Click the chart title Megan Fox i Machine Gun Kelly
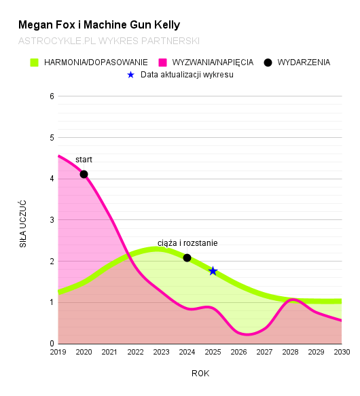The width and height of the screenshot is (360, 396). (x=99, y=25)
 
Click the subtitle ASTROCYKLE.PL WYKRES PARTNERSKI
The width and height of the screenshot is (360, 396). (x=109, y=41)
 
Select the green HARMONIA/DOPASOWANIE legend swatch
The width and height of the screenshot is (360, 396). (x=35, y=62)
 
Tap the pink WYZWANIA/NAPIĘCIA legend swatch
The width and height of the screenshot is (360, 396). (x=163, y=62)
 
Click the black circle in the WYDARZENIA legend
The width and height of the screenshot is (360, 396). (x=268, y=62)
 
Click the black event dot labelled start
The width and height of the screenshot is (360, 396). (x=84, y=175)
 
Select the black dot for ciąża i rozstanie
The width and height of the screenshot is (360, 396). (x=187, y=258)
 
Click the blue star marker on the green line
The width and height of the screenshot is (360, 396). (x=213, y=271)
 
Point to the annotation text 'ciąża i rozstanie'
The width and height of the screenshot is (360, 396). (x=187, y=243)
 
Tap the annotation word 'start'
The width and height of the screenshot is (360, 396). (x=84, y=160)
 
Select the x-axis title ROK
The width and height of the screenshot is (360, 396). (x=200, y=373)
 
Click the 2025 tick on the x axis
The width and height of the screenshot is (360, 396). (x=213, y=352)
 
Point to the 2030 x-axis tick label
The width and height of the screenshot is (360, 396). (x=341, y=352)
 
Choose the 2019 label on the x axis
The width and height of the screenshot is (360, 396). (x=58, y=352)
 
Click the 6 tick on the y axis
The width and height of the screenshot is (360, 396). (x=51, y=96)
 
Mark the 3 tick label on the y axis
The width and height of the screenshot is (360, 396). (x=51, y=220)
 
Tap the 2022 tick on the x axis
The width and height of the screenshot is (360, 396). (x=135, y=352)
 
